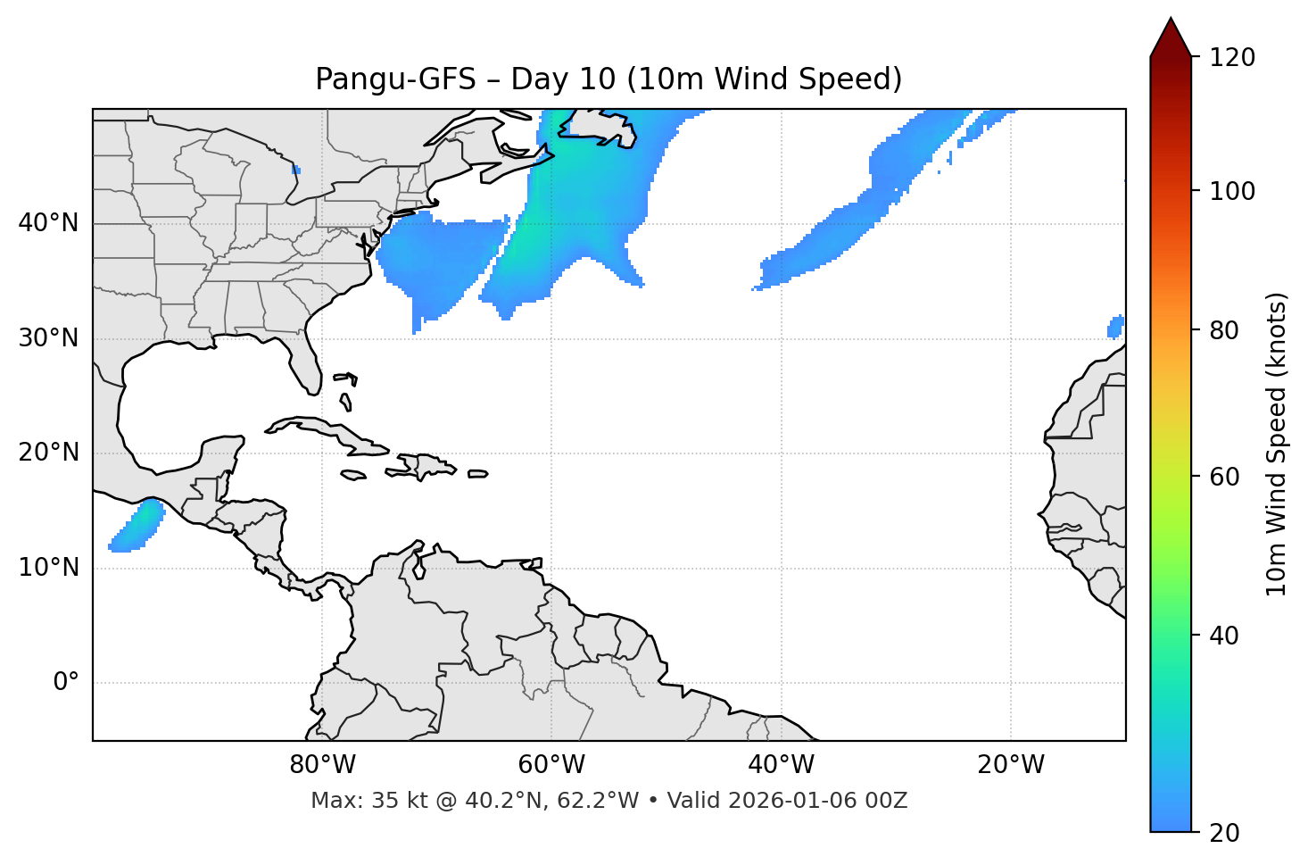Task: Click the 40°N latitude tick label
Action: (48, 223)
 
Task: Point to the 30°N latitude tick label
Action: (48, 338)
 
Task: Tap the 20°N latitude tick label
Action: (48, 453)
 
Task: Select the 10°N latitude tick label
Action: (48, 568)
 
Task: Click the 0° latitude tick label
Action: (66, 683)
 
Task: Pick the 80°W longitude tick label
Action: (322, 765)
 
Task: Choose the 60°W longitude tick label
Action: (551, 765)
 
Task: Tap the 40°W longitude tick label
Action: (781, 765)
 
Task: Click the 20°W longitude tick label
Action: (1010, 765)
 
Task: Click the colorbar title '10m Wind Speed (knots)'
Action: (1277, 444)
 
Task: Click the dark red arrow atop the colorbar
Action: (1171, 37)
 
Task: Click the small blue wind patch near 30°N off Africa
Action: (1115, 327)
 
